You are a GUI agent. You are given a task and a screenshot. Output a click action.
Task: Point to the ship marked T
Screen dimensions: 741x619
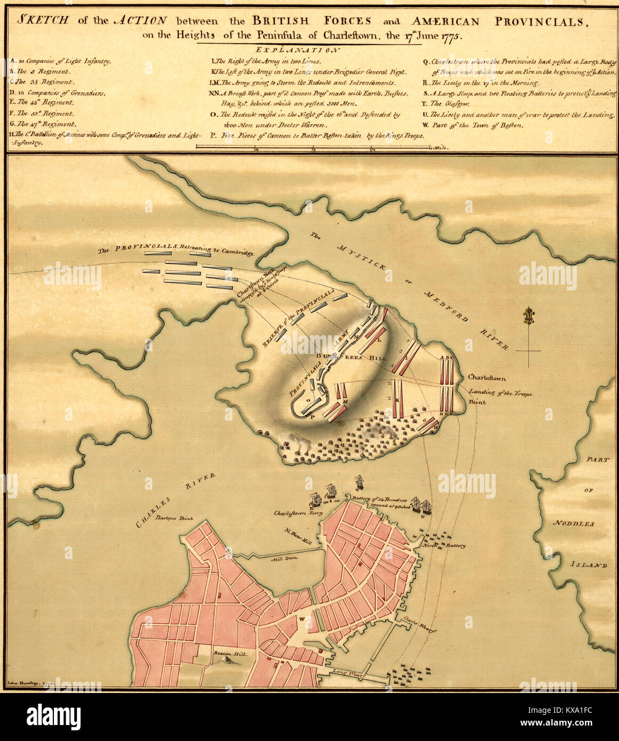359,482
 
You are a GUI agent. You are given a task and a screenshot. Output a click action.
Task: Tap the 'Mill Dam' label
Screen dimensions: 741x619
283,560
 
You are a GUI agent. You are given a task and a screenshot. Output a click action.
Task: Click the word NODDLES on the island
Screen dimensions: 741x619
573,524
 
